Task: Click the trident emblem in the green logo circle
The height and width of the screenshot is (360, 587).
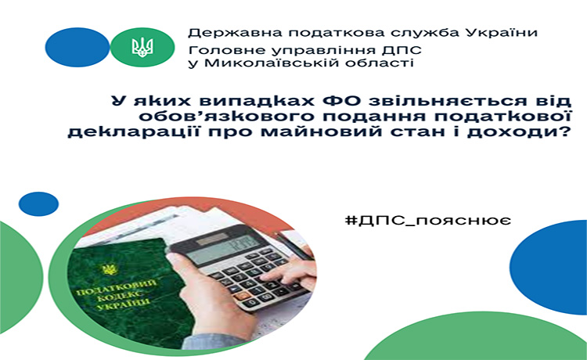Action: pos(142,48)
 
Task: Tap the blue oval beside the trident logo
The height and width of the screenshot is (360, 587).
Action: pos(77,47)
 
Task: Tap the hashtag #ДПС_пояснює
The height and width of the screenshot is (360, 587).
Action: pos(428,220)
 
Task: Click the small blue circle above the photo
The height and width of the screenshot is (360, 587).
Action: pos(38,204)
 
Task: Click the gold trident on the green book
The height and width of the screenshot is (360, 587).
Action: pos(109,269)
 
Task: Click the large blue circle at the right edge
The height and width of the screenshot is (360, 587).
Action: pos(549,267)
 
